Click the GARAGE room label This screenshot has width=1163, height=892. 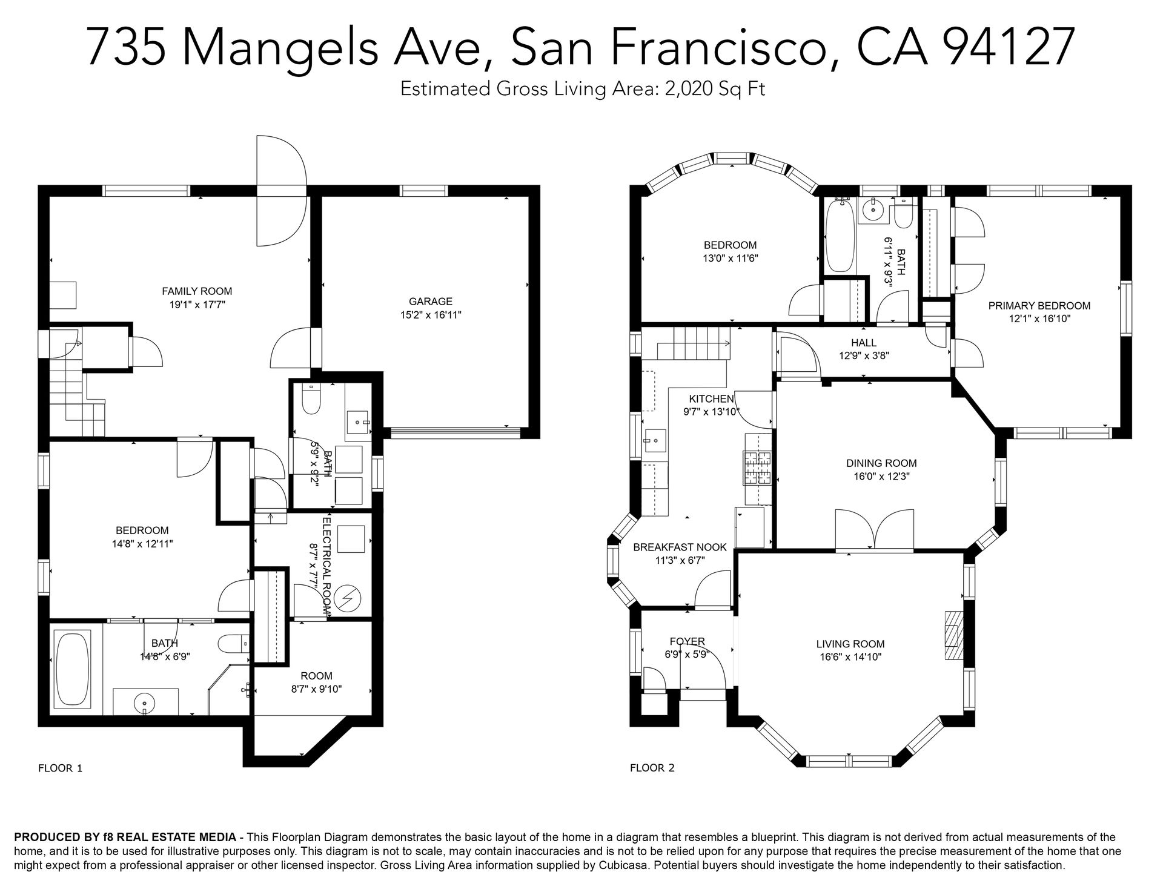tap(430, 301)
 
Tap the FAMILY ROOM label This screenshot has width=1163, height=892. tap(197, 291)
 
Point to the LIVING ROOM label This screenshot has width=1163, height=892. tap(850, 644)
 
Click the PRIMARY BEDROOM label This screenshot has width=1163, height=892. tap(1039, 306)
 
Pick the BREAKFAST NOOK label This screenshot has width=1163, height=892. tap(680, 547)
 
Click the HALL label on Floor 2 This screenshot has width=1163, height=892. tap(864, 343)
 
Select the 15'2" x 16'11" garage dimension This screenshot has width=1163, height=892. tap(431, 315)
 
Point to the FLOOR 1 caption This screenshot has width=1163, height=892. tap(60, 768)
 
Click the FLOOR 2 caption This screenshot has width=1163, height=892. tap(652, 768)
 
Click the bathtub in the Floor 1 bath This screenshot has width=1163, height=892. tap(72, 670)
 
